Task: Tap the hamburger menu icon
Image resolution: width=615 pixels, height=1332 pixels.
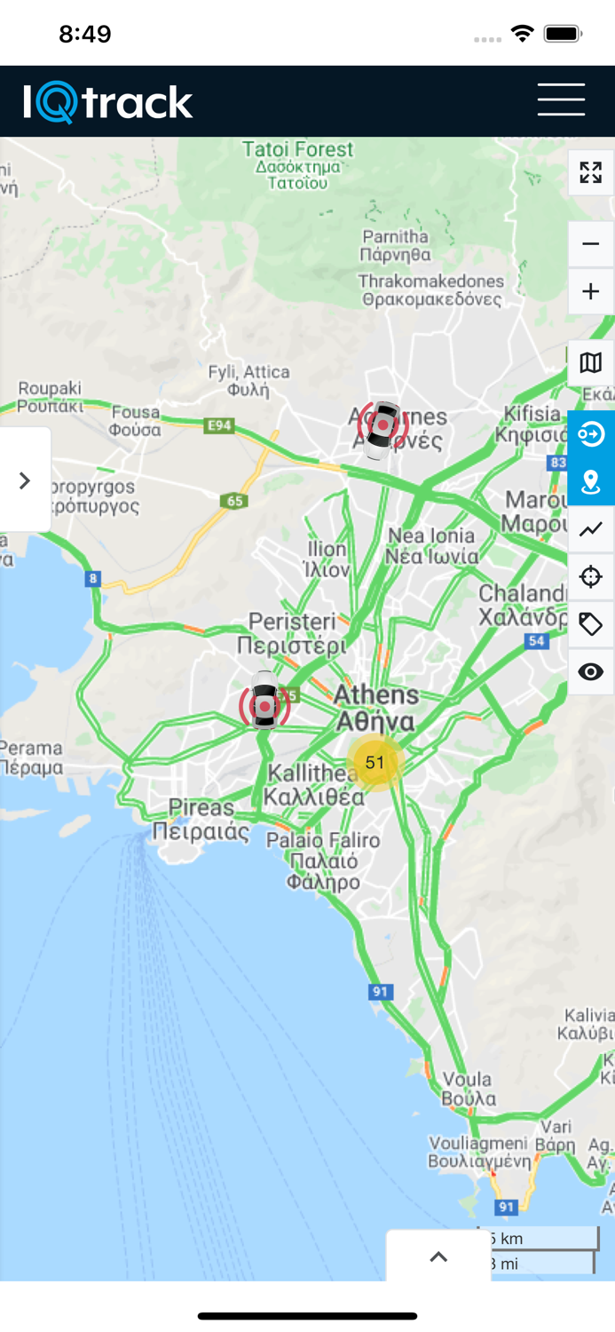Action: pyautogui.click(x=561, y=99)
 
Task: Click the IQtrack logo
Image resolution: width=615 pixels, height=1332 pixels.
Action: pyautogui.click(x=108, y=102)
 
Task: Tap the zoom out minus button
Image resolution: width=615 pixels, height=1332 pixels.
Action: pyautogui.click(x=590, y=243)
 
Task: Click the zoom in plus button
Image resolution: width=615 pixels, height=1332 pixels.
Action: pyautogui.click(x=590, y=291)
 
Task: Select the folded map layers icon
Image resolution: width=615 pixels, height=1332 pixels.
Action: pyautogui.click(x=590, y=362)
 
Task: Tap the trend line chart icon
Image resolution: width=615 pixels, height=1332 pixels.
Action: pyautogui.click(x=590, y=529)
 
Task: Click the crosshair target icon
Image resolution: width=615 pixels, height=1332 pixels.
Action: pyautogui.click(x=590, y=577)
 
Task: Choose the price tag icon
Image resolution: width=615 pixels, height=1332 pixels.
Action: pyautogui.click(x=590, y=624)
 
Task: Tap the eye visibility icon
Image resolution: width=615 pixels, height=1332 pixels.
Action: pyautogui.click(x=590, y=672)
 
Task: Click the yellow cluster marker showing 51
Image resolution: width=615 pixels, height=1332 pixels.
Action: pyautogui.click(x=375, y=762)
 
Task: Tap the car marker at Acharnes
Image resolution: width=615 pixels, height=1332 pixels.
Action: pyautogui.click(x=382, y=428)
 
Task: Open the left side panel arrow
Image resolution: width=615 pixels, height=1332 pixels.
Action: pyautogui.click(x=25, y=480)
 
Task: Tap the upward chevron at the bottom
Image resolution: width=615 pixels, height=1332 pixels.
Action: pyautogui.click(x=438, y=1257)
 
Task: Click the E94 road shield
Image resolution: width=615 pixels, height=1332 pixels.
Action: pyautogui.click(x=218, y=426)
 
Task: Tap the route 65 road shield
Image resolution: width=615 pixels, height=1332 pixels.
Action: pyautogui.click(x=234, y=502)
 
